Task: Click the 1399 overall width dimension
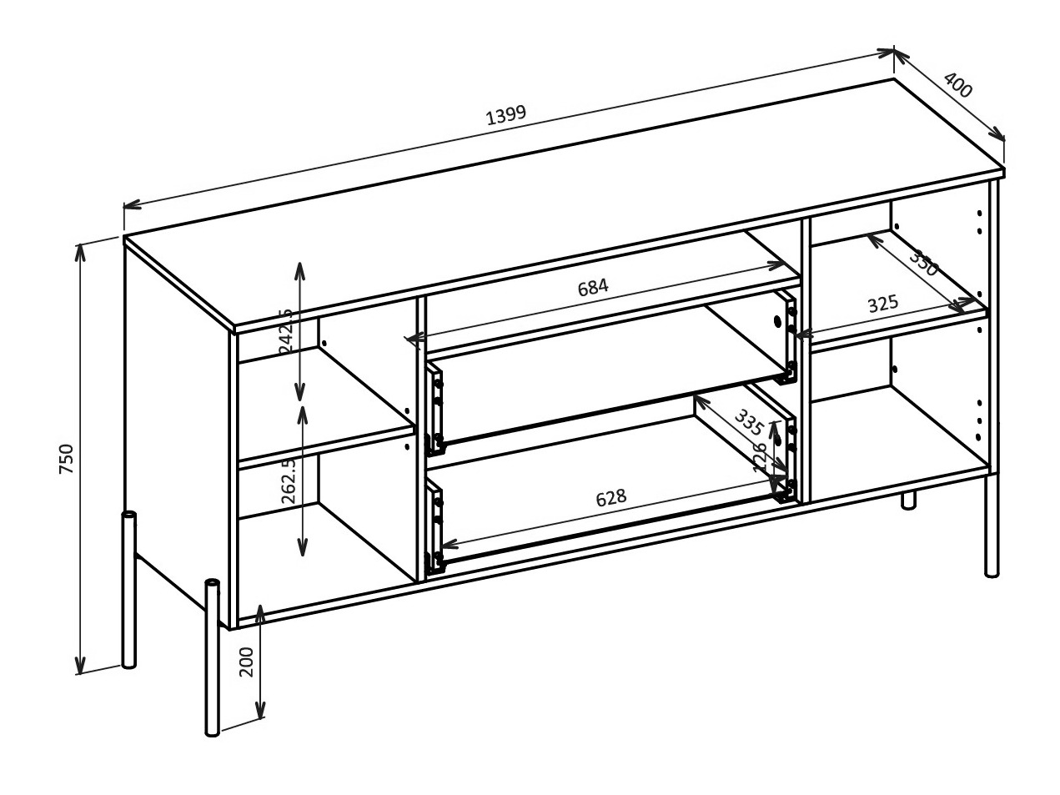(506, 115)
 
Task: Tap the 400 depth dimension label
(958, 85)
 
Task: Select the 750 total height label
(67, 460)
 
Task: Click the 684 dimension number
(593, 288)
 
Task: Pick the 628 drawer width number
(610, 498)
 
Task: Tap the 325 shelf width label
(883, 304)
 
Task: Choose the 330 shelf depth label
(924, 264)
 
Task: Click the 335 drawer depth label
(749, 424)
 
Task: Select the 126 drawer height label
(760, 458)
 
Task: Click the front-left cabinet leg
(213, 659)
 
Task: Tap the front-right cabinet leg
(992, 526)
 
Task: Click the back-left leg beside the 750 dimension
(129, 592)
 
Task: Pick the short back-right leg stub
(908, 500)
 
